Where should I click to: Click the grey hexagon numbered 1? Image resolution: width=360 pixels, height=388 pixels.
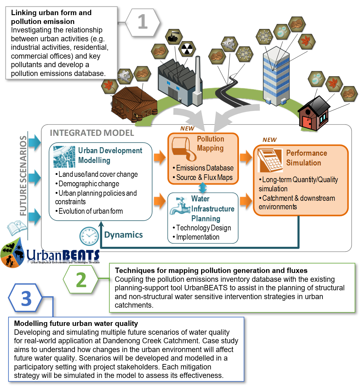pyautogui.click(x=142, y=22)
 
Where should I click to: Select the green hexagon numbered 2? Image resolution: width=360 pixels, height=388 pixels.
pyautogui.click(x=81, y=279)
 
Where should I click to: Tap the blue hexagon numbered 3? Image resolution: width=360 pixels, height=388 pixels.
pyautogui.click(x=26, y=298)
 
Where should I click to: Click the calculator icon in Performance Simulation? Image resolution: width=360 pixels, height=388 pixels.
pyautogui.click(x=270, y=159)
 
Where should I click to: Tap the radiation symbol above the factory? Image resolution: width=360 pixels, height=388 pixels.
pyautogui.click(x=187, y=49)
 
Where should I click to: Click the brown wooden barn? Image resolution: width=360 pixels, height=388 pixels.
pyautogui.click(x=134, y=104)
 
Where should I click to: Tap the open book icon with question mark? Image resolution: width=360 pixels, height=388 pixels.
pyautogui.click(x=16, y=228)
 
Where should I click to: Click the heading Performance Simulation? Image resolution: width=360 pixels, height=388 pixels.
pyautogui.click(x=306, y=158)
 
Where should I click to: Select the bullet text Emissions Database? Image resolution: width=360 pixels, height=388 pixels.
pyautogui.click(x=205, y=168)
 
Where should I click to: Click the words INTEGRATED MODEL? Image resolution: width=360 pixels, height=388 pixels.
pyautogui.click(x=92, y=133)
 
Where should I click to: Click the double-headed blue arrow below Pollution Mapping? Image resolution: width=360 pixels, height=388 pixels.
pyautogui.click(x=203, y=188)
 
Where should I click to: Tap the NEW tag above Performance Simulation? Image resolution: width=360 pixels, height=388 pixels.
pyautogui.click(x=270, y=140)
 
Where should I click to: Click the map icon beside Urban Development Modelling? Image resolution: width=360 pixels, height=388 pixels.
pyautogui.click(x=64, y=157)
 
